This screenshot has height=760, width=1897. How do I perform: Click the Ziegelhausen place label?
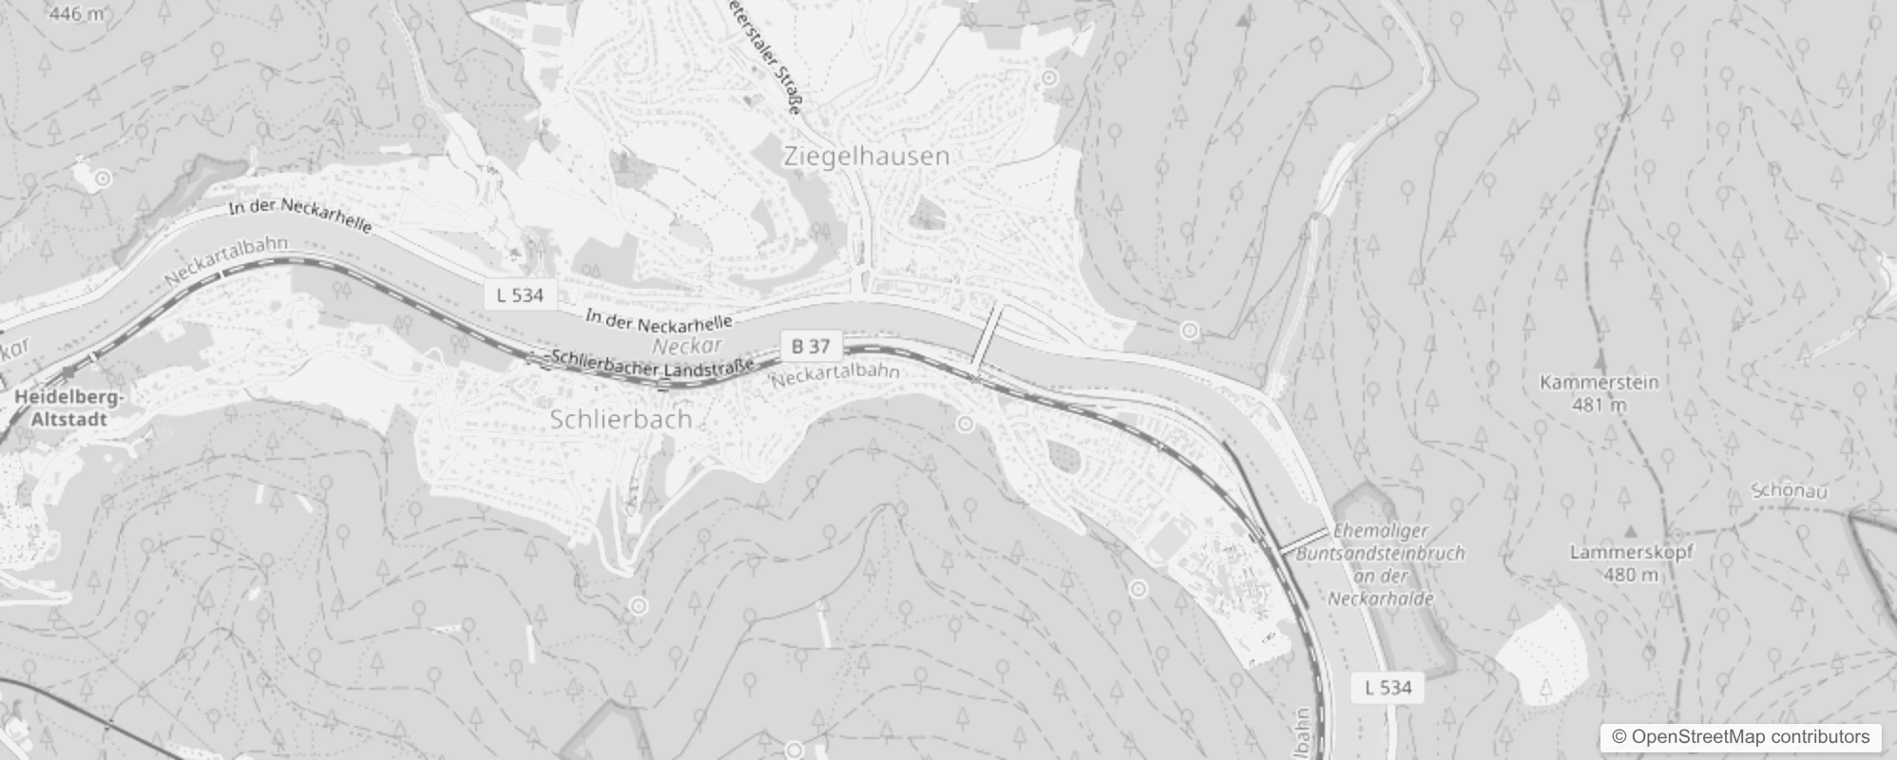tap(866, 157)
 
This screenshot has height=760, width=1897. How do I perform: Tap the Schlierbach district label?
tap(621, 419)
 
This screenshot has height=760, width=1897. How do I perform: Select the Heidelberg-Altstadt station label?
tap(68, 408)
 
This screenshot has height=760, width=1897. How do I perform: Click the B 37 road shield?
tap(811, 347)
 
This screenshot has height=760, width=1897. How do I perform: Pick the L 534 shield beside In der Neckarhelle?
tap(520, 294)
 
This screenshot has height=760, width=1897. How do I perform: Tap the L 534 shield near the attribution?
tap(1388, 687)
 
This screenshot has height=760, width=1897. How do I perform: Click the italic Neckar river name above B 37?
tap(687, 346)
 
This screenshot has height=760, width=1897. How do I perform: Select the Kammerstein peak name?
tap(1599, 382)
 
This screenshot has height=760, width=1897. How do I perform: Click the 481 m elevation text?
tap(1600, 405)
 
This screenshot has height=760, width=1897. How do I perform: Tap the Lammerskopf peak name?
tap(1631, 552)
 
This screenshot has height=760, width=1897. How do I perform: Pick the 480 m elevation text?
tap(1632, 574)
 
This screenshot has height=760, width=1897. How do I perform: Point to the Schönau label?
tap(1790, 491)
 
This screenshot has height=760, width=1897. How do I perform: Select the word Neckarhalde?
tap(1380, 598)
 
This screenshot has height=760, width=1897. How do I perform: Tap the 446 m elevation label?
tap(76, 13)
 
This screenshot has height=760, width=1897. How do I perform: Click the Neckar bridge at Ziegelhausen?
tap(987, 337)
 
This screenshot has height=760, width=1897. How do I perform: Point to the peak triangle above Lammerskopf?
tap(1631, 531)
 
